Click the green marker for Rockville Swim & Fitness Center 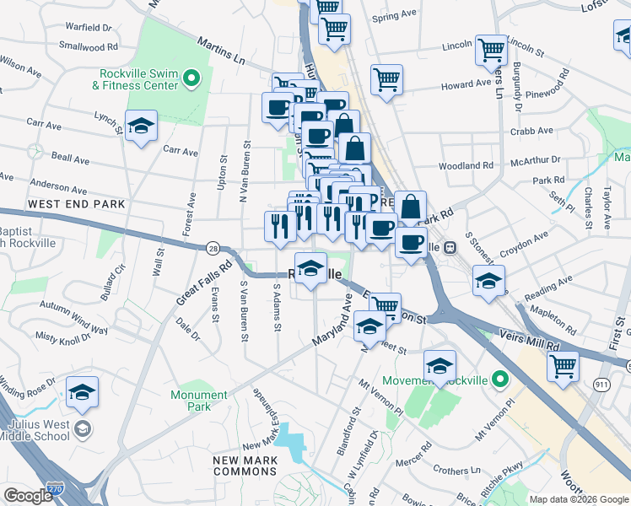coord(191,80)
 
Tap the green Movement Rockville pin coord(499,379)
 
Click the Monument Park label coord(199,400)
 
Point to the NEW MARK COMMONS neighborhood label coord(245,466)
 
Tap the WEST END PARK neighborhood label coord(76,204)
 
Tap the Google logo coord(28,495)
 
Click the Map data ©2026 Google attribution coord(578,499)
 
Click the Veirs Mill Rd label coord(529,346)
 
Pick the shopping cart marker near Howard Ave coord(386,80)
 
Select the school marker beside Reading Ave coord(488,282)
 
